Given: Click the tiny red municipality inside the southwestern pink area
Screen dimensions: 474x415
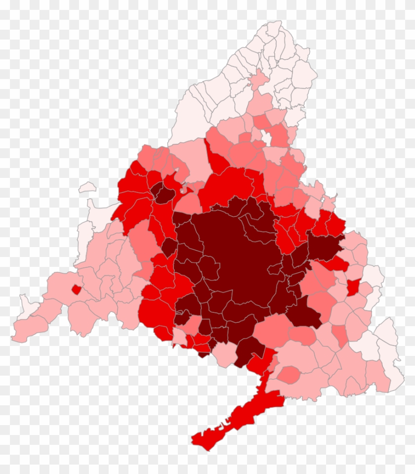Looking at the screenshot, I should click(76, 289).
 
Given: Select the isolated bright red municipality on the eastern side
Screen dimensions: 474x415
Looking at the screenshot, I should click(353, 287).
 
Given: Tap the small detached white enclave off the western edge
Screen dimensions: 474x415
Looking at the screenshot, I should click(87, 187).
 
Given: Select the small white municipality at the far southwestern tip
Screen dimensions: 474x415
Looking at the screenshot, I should click(25, 303).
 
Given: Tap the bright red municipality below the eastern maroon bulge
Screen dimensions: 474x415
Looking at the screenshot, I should click(336, 263).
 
